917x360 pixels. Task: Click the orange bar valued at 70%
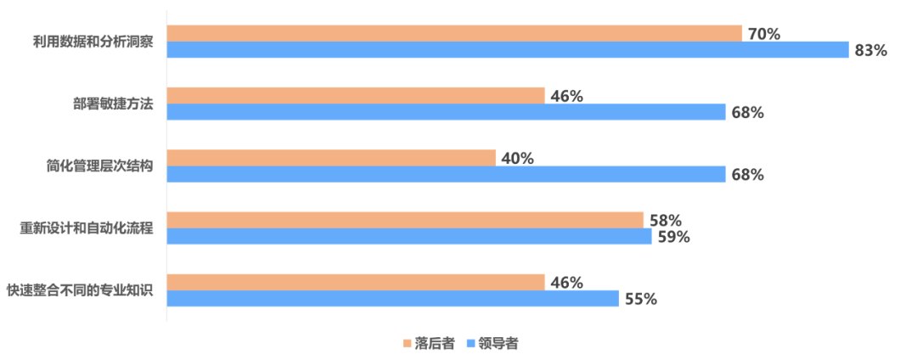click(454, 32)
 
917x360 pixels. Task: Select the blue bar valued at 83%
click(508, 50)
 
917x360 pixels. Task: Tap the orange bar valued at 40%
click(331, 157)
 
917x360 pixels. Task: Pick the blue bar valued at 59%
click(409, 237)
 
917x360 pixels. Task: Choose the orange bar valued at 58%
click(405, 219)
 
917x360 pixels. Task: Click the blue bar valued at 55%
click(392, 299)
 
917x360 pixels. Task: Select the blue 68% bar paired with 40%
click(446, 175)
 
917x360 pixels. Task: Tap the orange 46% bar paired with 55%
click(356, 282)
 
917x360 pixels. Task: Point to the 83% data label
click(870, 51)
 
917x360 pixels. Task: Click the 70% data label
click(763, 34)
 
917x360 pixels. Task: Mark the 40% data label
click(517, 158)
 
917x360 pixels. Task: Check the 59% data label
click(672, 237)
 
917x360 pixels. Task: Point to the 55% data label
click(640, 300)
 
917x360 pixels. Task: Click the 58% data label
click(666, 220)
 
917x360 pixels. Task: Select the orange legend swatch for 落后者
click(408, 345)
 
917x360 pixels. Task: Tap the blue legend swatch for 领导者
click(471, 345)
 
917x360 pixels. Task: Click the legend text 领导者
click(498, 345)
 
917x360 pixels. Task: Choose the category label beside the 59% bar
click(87, 228)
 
